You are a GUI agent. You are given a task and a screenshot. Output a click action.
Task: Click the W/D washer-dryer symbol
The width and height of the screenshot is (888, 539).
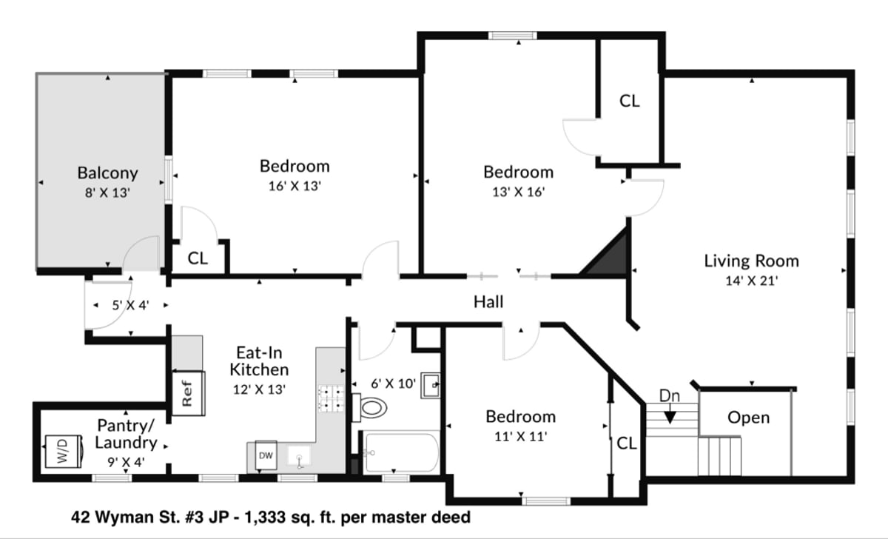[x=64, y=452]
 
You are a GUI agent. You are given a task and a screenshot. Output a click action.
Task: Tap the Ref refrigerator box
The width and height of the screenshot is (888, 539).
[x=188, y=393]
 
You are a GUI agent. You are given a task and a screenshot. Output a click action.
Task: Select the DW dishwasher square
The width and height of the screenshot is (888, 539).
[x=266, y=455]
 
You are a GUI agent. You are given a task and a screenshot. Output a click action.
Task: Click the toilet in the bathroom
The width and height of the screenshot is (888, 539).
[x=369, y=408]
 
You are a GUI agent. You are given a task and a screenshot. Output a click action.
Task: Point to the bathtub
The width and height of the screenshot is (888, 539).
[x=402, y=452]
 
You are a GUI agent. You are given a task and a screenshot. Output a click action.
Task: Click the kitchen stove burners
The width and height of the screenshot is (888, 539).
[x=331, y=398]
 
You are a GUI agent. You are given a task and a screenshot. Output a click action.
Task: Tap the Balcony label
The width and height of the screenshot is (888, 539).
[x=107, y=173]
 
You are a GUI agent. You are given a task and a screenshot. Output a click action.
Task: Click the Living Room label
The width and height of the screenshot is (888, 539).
[x=751, y=261]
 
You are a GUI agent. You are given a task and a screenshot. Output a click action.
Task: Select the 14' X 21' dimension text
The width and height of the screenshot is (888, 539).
[x=752, y=281]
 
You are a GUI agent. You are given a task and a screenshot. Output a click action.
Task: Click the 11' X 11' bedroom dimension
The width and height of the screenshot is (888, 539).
[x=520, y=436]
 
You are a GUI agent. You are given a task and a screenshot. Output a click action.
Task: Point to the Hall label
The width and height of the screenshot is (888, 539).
[x=488, y=302]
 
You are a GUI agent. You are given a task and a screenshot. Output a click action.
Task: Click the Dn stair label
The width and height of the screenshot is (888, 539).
[x=669, y=396]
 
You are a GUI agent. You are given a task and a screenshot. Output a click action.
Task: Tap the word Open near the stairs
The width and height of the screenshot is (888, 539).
[x=748, y=418]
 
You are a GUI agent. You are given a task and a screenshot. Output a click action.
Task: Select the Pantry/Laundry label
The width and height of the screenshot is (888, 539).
[x=126, y=434]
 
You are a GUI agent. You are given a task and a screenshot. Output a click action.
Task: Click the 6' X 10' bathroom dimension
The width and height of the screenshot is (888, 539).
[x=393, y=384]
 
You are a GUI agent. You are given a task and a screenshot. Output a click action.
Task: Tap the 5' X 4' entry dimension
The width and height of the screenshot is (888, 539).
[x=130, y=305]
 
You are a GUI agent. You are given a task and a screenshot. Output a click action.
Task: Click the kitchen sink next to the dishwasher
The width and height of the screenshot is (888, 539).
[x=299, y=456]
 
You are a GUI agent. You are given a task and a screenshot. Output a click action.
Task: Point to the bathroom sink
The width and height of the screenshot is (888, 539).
[x=430, y=385]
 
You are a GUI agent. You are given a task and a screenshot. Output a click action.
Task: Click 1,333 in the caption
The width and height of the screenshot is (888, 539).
[x=265, y=518]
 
